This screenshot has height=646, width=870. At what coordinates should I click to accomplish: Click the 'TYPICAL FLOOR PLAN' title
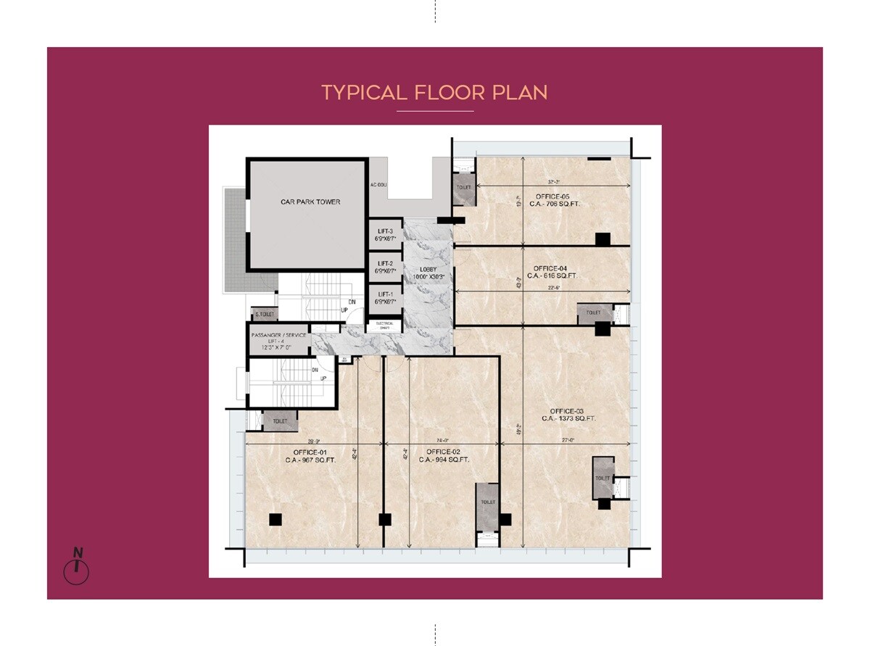pyautogui.click(x=434, y=93)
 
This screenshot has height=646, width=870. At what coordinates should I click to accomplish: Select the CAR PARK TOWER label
pyautogui.click(x=310, y=202)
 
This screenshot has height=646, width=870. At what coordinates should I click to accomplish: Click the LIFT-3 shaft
pyautogui.click(x=384, y=234)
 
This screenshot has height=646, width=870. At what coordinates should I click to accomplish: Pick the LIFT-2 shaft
pyautogui.click(x=384, y=267)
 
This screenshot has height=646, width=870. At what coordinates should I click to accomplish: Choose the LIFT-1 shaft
pyautogui.click(x=384, y=298)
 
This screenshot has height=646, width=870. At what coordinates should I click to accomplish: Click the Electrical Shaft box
pyautogui.click(x=384, y=326)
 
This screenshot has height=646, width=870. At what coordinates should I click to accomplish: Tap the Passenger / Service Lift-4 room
pyautogui.click(x=279, y=341)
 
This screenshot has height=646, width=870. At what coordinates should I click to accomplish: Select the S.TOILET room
pyautogui.click(x=264, y=315)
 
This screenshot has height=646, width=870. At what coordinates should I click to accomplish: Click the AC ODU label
pyautogui.click(x=378, y=185)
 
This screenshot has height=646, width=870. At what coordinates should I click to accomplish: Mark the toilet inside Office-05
pyautogui.click(x=464, y=188)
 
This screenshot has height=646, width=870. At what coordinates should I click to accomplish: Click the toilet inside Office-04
pyautogui.click(x=594, y=313)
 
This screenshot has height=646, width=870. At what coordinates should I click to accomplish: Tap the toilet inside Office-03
pyautogui.click(x=602, y=479)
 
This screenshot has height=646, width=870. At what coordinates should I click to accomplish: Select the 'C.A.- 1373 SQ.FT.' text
pyautogui.click(x=568, y=418)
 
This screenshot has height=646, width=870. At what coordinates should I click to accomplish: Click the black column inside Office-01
pyautogui.click(x=275, y=519)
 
